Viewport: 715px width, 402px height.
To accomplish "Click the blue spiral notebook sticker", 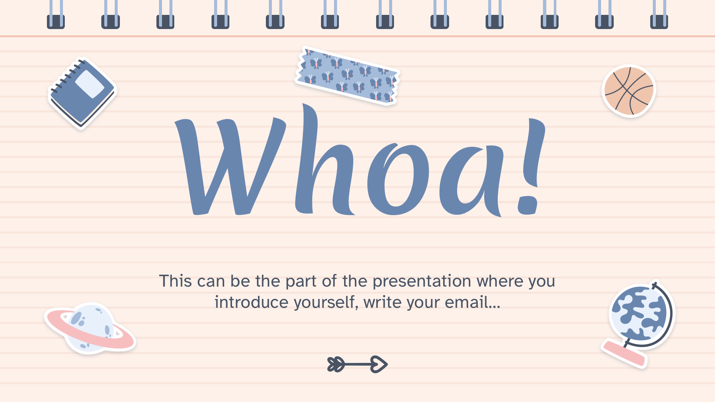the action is coord(82,93).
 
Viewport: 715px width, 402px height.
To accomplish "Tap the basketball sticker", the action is coord(629,91).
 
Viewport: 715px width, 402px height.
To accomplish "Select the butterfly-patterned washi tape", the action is coord(347,76).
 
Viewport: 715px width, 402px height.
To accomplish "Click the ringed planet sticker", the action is coord(90,329).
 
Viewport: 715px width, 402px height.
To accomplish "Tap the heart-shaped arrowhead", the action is coord(379,364).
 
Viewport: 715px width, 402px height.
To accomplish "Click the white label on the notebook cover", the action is coord(90,84).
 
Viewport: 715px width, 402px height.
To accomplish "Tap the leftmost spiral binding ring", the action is coord(56,15).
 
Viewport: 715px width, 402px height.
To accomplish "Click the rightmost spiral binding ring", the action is coord(659,15).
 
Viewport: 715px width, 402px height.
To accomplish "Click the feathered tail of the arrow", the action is coord(336,364).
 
